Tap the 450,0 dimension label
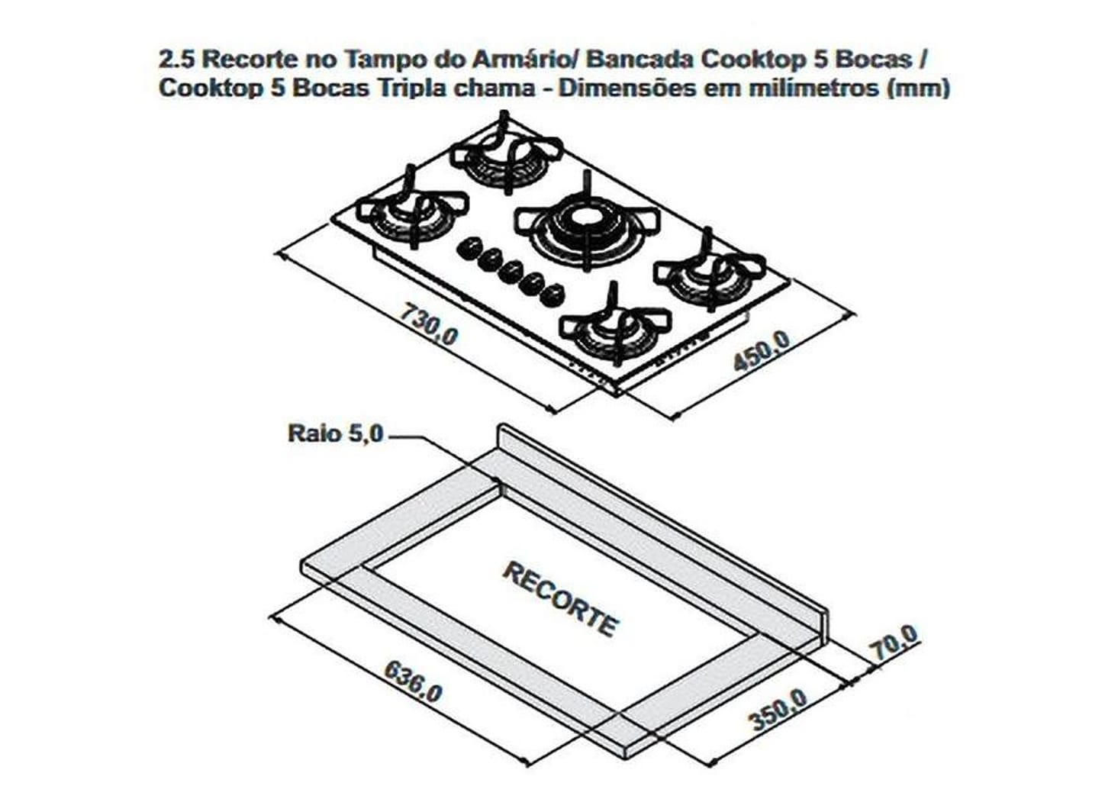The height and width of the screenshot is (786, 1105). coord(761,352)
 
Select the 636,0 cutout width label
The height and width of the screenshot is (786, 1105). coord(412,681)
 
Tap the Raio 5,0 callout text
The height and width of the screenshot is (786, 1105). coord(334,433)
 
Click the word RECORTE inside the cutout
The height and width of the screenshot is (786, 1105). coord(560,599)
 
